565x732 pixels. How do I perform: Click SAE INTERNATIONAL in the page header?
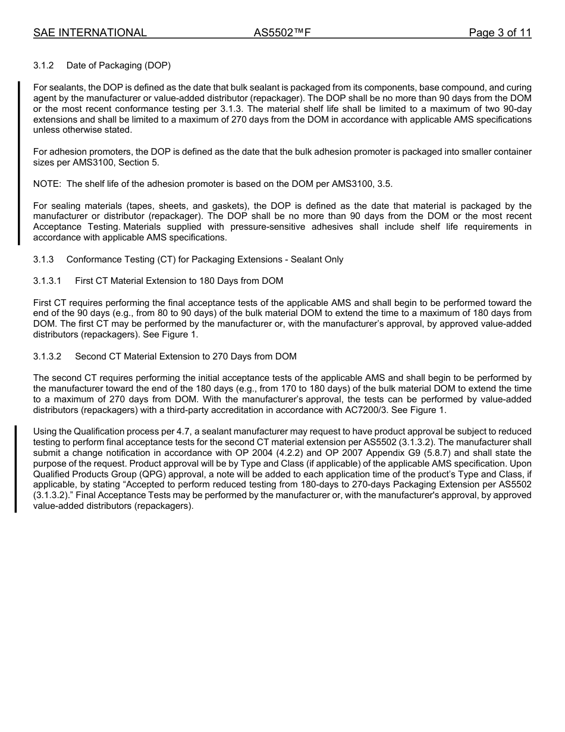(90, 33)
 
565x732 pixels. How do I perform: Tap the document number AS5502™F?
(282, 33)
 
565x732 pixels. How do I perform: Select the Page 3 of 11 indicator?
(500, 33)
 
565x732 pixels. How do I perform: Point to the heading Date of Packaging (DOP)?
(118, 65)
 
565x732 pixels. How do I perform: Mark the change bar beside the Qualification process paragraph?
(15, 469)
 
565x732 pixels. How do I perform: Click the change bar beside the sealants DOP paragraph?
(18, 163)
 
